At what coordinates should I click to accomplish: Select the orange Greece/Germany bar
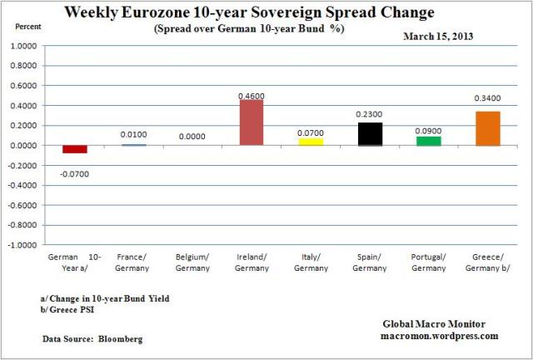coord(488,128)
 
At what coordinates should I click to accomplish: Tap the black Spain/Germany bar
coord(370,134)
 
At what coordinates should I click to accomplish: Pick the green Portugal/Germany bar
coord(429,141)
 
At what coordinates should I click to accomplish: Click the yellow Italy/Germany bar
coord(311,142)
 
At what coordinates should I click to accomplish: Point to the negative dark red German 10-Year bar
coord(75,149)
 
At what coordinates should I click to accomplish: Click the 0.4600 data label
coord(252,97)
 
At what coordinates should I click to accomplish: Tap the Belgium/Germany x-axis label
coord(192,263)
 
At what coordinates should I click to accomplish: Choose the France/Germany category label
coord(133,263)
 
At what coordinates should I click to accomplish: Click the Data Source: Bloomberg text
coord(93,338)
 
